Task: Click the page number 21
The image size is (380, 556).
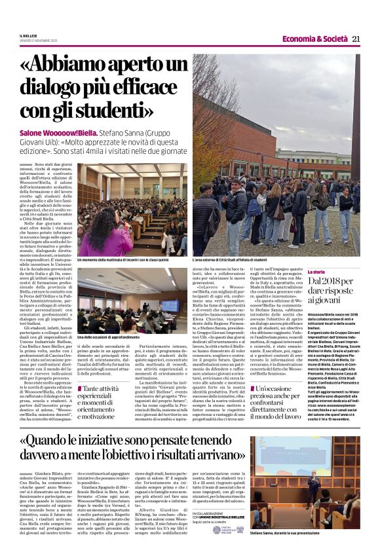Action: coord(356,39)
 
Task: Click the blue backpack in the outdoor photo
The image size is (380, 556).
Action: coord(253,207)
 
